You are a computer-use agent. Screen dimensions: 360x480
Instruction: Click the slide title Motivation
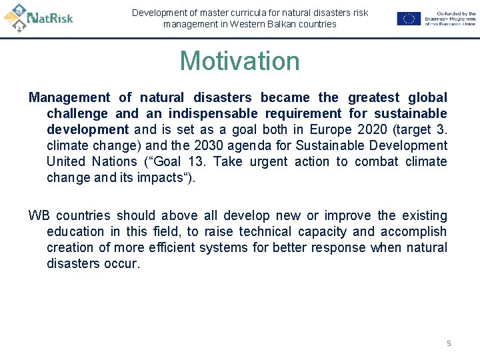click(239, 61)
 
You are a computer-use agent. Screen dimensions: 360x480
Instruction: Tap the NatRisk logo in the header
click(39, 18)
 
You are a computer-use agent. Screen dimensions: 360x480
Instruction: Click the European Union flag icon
click(408, 19)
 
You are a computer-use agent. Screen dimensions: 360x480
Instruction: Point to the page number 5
click(449, 343)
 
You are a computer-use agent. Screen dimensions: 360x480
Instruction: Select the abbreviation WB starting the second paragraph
click(39, 215)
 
